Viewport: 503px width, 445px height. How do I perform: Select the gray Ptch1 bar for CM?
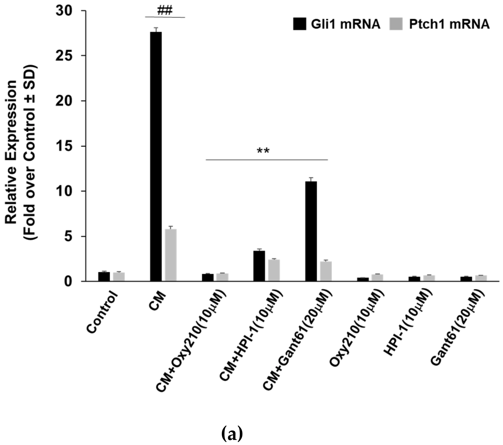[171, 255]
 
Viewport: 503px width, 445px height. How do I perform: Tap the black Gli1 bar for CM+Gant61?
[311, 231]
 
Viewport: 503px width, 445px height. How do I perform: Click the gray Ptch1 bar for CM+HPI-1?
[274, 270]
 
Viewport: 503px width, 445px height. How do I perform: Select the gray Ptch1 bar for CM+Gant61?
[326, 271]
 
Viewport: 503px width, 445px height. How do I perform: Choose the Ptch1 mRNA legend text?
[449, 24]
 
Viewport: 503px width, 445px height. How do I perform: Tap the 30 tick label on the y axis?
[64, 11]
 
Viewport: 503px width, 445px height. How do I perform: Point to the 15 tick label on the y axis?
[64, 146]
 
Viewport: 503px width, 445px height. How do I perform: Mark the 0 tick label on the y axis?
[68, 282]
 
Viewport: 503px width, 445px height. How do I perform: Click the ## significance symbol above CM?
[165, 11]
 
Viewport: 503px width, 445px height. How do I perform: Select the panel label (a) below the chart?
[232, 434]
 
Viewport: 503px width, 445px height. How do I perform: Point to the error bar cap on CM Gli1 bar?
[156, 28]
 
